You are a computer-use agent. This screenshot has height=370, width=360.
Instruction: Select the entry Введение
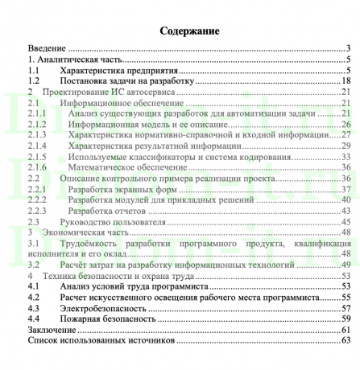tap(48, 49)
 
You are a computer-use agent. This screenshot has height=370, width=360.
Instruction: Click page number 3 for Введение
tap(345, 49)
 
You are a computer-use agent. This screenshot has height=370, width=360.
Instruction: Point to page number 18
tap(342, 81)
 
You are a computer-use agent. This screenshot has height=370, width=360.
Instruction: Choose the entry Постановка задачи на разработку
tap(125, 81)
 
